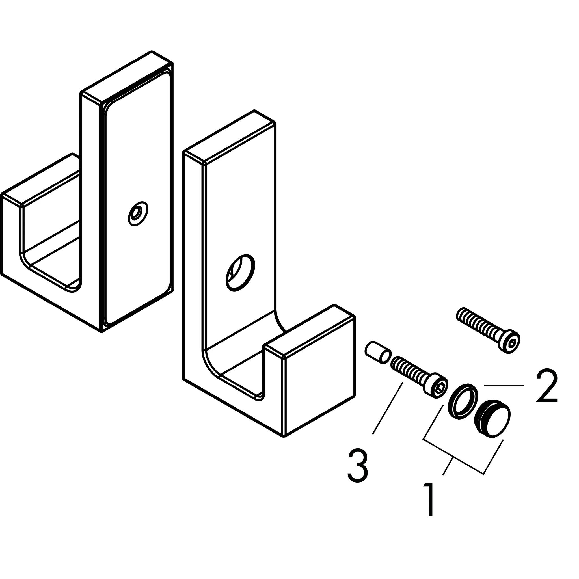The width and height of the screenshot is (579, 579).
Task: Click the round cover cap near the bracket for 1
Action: coord(493,418)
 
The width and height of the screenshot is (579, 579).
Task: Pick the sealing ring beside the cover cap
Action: coord(463,401)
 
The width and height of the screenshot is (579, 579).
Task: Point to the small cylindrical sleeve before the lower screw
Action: coord(377,353)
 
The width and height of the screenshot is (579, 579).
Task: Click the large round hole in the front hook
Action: coord(240,273)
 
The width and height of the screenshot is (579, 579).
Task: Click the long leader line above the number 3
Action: coord(388,408)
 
